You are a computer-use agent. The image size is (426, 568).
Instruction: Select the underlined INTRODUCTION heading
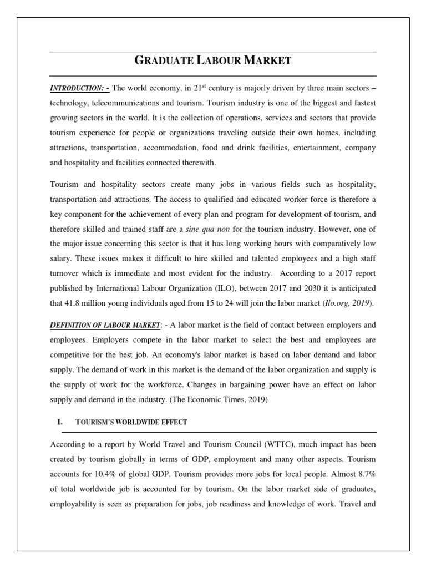coord(79,90)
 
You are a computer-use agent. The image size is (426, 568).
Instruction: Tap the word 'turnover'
coord(65,273)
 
